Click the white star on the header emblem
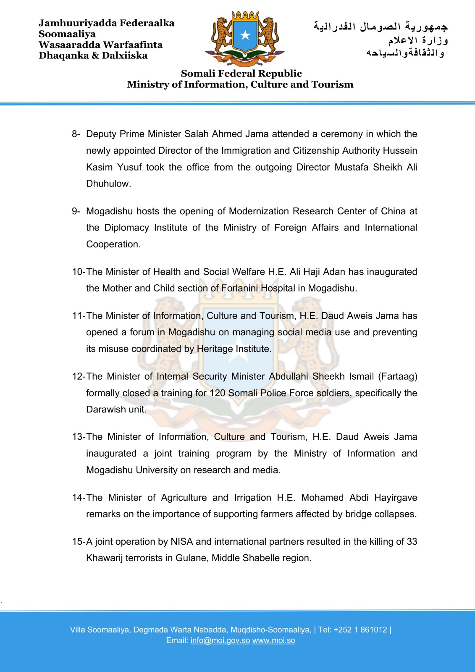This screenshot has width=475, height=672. point(245,35)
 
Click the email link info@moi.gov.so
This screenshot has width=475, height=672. point(220,640)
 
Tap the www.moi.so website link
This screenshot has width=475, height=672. point(273,640)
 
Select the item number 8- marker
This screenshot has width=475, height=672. point(76,134)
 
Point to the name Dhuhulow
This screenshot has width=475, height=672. point(108,184)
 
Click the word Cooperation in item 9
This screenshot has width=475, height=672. point(113,244)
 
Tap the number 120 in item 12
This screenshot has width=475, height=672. point(218,393)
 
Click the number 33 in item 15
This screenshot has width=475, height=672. point(412,541)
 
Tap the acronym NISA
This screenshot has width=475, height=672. point(181,541)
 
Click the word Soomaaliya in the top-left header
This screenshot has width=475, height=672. point(67,34)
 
